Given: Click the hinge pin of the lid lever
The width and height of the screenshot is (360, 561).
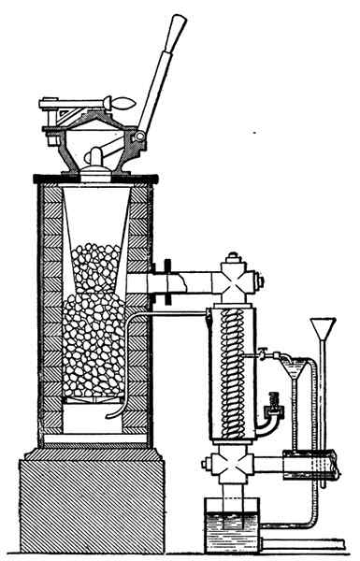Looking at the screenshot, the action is tap(138, 139).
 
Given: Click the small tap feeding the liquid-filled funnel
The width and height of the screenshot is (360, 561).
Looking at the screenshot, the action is tap(265, 353).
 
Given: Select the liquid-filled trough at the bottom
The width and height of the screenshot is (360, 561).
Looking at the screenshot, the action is tap(232, 525).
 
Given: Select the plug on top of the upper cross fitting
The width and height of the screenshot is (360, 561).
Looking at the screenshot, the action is tap(232, 254).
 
